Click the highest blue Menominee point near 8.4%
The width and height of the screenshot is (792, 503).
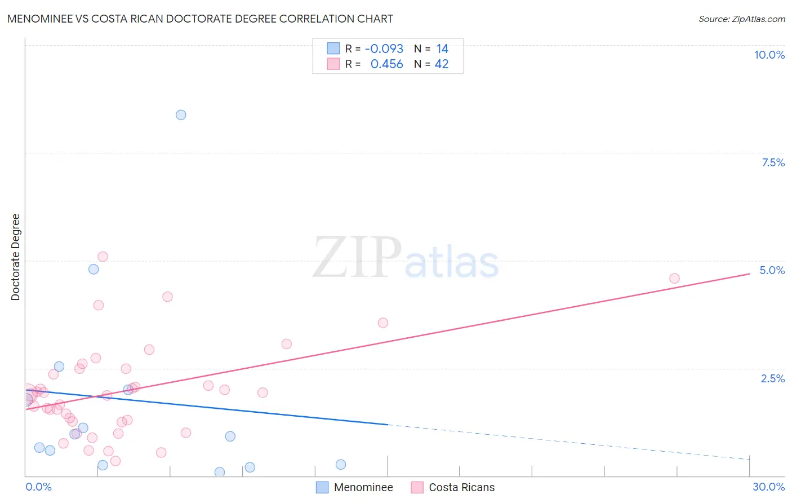[181, 115]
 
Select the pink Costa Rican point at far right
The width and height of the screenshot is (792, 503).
[674, 279]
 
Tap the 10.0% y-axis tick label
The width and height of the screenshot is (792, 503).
[769, 55]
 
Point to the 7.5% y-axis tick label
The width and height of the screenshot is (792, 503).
[773, 162]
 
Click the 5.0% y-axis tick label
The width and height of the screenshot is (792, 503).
[772, 270]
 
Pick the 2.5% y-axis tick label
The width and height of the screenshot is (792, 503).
[772, 378]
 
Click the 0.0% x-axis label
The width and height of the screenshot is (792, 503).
[38, 487]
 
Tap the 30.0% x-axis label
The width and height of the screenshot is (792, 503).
[768, 487]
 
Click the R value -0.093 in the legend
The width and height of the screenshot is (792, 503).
[384, 49]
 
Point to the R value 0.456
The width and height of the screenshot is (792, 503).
[386, 64]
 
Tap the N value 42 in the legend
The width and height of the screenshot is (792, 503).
[442, 64]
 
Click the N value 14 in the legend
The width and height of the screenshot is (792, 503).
[442, 49]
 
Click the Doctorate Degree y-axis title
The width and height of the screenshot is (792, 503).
[16, 257]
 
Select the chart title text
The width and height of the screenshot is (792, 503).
[200, 19]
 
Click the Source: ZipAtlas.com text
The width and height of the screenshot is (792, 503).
[741, 19]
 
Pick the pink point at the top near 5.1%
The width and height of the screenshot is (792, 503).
[103, 257]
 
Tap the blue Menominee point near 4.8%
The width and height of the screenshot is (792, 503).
[94, 270]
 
